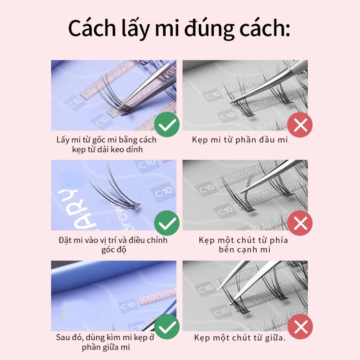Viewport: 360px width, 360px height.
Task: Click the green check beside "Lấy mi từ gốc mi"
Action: point(167,124)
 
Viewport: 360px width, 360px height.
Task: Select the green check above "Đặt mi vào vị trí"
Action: point(167,223)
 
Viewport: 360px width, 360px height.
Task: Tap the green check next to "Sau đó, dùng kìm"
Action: point(167,326)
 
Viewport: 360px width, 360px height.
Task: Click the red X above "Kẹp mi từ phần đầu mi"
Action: point(300,124)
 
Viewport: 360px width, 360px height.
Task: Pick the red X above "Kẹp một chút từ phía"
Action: point(300,223)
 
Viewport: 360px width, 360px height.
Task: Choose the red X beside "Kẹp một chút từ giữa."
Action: point(300,326)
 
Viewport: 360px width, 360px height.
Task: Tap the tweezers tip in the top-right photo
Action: point(232,102)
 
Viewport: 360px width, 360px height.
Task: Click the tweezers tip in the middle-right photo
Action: point(243,192)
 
